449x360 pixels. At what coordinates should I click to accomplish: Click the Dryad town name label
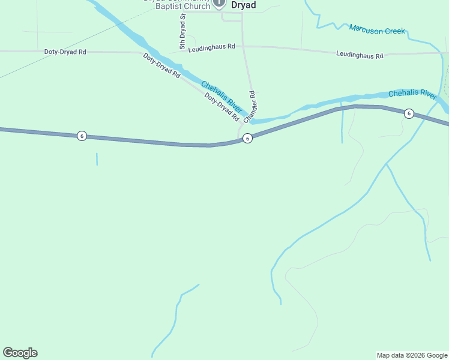click(x=243, y=5)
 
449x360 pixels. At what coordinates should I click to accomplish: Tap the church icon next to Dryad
click(x=219, y=3)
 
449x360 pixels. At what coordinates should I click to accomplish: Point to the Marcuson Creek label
click(x=377, y=29)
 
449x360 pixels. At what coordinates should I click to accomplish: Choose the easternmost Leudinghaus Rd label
click(x=359, y=55)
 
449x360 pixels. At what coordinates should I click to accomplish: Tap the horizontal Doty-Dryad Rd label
click(x=65, y=52)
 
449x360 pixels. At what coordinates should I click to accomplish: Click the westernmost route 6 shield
click(x=82, y=136)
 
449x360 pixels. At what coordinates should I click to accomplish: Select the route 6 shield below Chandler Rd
click(x=247, y=139)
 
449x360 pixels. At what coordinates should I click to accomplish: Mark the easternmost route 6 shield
click(x=409, y=113)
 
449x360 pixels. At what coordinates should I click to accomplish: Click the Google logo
click(x=20, y=353)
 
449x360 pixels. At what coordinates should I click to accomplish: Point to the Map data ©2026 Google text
click(x=412, y=355)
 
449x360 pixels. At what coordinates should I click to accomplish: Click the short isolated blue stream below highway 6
click(x=97, y=159)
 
